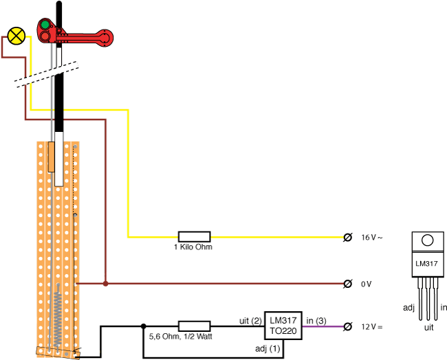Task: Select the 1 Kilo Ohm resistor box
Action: [x=194, y=236]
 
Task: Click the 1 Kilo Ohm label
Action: [x=193, y=247]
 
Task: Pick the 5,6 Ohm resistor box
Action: [x=194, y=326]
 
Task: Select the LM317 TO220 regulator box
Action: [x=284, y=326]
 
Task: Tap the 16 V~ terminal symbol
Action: [x=348, y=237]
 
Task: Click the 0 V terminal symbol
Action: [x=348, y=283]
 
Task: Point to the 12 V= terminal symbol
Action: [x=348, y=326]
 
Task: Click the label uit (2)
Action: [x=251, y=319]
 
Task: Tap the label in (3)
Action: [x=316, y=319]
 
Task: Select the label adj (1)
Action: [x=269, y=350]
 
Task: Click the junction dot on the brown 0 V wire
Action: [x=105, y=283]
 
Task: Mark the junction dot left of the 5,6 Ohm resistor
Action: [x=143, y=326]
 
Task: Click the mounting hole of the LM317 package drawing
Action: [x=428, y=240]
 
